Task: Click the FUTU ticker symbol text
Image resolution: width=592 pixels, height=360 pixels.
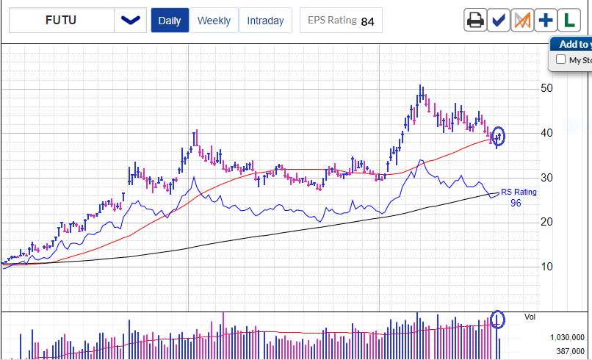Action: click(60, 21)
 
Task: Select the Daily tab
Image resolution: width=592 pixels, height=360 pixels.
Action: click(170, 21)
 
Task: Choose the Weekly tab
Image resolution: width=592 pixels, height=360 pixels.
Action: click(214, 21)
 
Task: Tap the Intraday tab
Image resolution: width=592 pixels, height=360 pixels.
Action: click(265, 21)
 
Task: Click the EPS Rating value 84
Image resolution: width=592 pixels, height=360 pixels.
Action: click(367, 21)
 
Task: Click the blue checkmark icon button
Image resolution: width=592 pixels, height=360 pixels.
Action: click(499, 21)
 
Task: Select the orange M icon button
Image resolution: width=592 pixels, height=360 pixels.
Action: click(522, 21)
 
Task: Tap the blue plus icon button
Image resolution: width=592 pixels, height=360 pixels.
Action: click(546, 21)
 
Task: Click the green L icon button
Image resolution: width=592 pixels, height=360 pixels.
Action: click(568, 21)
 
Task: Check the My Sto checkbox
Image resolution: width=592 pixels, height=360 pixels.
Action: click(561, 60)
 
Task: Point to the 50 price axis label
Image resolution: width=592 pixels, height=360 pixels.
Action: click(546, 88)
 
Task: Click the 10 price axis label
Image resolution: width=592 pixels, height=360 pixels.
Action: click(546, 266)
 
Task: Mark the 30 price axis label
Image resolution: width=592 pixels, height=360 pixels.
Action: click(546, 178)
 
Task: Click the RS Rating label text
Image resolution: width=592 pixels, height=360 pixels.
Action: click(519, 192)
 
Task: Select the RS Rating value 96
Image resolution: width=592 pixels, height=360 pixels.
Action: click(516, 203)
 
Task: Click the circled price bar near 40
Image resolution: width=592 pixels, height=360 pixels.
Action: click(499, 137)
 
